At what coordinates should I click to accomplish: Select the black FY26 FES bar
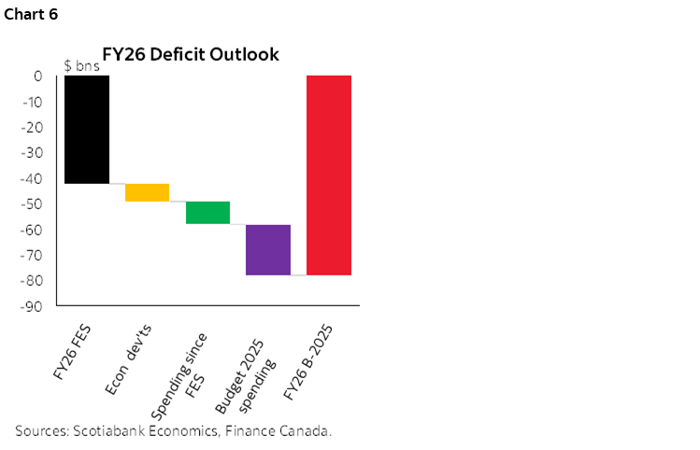pos(87,130)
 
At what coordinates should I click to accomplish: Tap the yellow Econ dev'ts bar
pos(147,192)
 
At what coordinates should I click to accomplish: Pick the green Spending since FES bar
pos(207,213)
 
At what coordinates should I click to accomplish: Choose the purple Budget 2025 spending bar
pos(268,249)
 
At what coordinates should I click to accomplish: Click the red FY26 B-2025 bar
pos(329,176)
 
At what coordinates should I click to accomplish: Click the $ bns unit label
pos(81,66)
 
